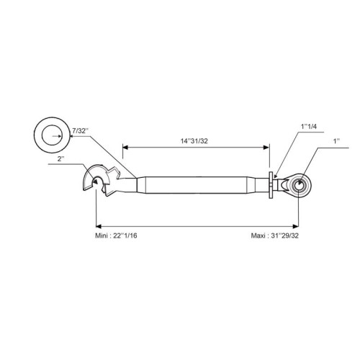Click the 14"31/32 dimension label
tap(194, 141)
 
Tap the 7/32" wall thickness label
tap(81, 131)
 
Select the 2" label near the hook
tap(61, 159)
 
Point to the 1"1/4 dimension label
tap(309, 127)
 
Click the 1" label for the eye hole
tap(336, 141)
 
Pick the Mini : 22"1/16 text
tap(116, 235)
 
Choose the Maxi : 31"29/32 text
tap(275, 235)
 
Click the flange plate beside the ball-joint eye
tap(271, 185)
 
